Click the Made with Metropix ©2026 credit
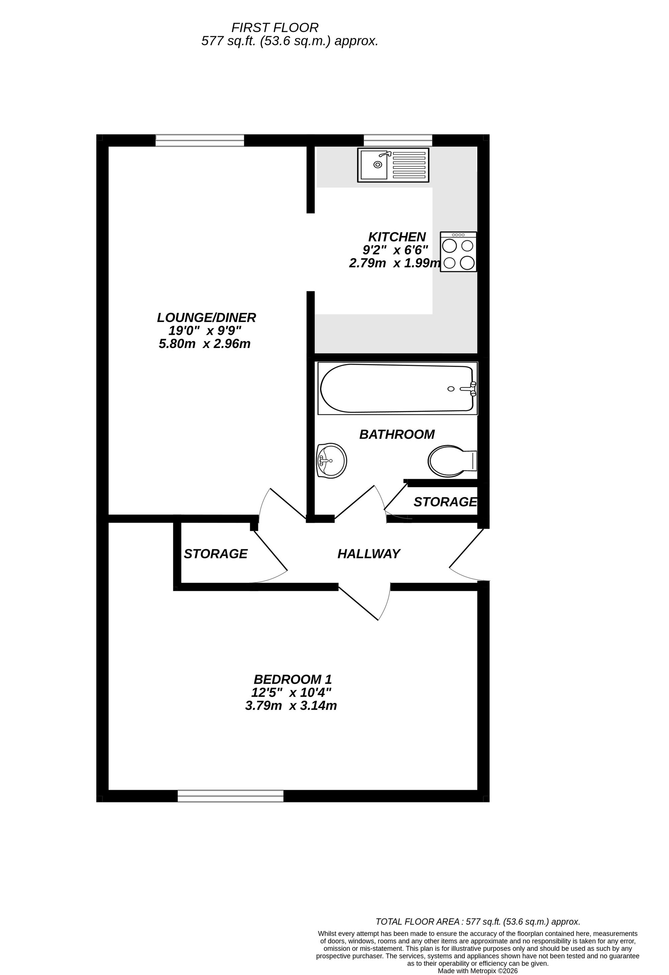coord(478,971)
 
